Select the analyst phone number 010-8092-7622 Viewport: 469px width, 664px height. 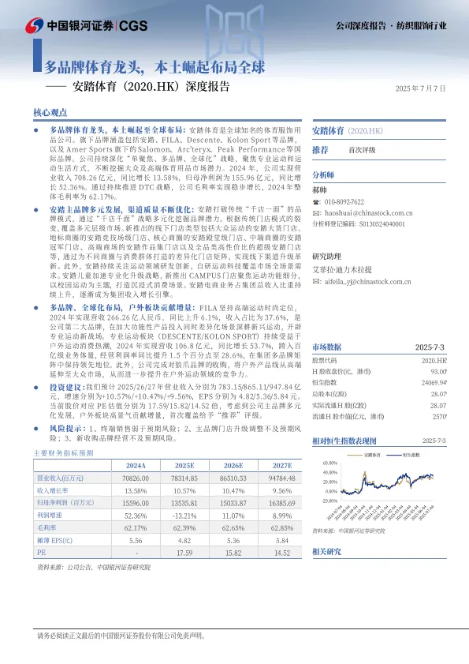point(349,201)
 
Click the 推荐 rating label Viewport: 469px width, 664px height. point(321,149)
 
